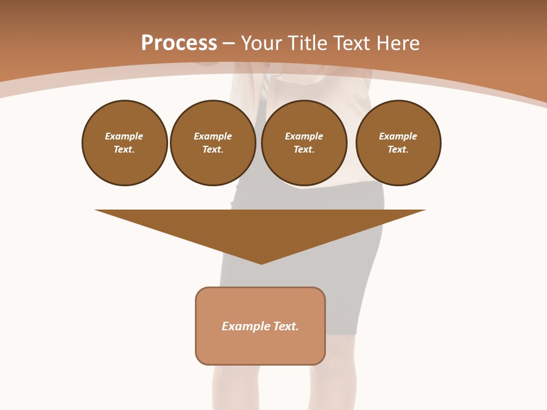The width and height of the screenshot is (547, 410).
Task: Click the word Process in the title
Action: tap(179, 43)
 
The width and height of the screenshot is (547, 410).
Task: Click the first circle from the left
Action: tap(125, 143)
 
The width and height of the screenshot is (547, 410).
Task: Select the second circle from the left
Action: tap(213, 143)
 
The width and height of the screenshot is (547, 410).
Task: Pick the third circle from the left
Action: tap(304, 143)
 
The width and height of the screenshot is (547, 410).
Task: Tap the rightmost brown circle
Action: tap(398, 143)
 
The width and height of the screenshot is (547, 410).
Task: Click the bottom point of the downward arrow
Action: tap(261, 263)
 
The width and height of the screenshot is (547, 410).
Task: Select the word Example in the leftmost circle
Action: tap(124, 136)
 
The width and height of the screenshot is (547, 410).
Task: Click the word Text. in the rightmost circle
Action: tap(398, 150)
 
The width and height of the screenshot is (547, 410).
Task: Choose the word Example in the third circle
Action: tap(304, 136)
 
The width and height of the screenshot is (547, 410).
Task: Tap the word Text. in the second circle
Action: tap(213, 150)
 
